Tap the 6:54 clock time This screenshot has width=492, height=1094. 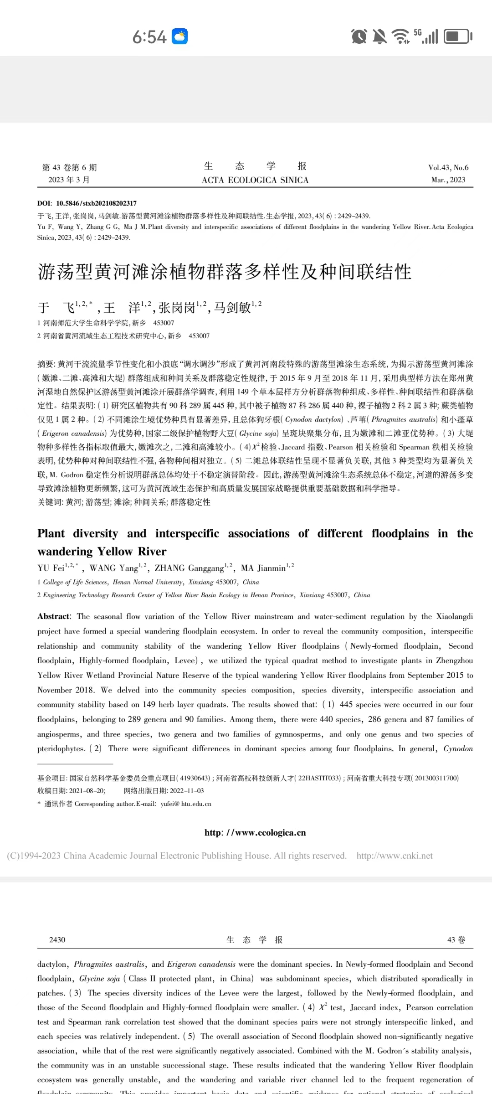pyautogui.click(x=149, y=37)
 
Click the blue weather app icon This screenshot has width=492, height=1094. pyautogui.click(x=179, y=36)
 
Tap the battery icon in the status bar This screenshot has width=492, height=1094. pyautogui.click(x=458, y=36)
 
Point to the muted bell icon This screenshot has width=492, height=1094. pyautogui.click(x=379, y=36)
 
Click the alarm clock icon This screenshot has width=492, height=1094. pyautogui.click(x=359, y=36)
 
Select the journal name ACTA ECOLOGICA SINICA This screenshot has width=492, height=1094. pyautogui.click(x=255, y=180)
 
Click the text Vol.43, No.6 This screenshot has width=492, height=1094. pyautogui.click(x=448, y=167)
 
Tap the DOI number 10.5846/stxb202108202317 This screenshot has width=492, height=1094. pyautogui.click(x=96, y=203)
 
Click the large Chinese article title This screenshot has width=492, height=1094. pyautogui.click(x=225, y=272)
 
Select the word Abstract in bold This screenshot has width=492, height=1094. pyautogui.click(x=54, y=616)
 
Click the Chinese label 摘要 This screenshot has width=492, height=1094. pyautogui.click(x=46, y=364)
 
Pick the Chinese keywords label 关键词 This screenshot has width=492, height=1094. pyautogui.click(x=50, y=502)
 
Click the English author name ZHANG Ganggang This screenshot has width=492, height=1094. pyautogui.click(x=190, y=568)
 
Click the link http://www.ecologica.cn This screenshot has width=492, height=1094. pyautogui.click(x=255, y=832)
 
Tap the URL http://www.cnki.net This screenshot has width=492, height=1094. pyautogui.click(x=395, y=856)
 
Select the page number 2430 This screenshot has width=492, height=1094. pyautogui.click(x=57, y=939)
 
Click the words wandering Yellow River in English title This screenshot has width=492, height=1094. pyautogui.click(x=102, y=552)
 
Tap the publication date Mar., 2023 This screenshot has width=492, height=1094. pyautogui.click(x=448, y=180)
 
